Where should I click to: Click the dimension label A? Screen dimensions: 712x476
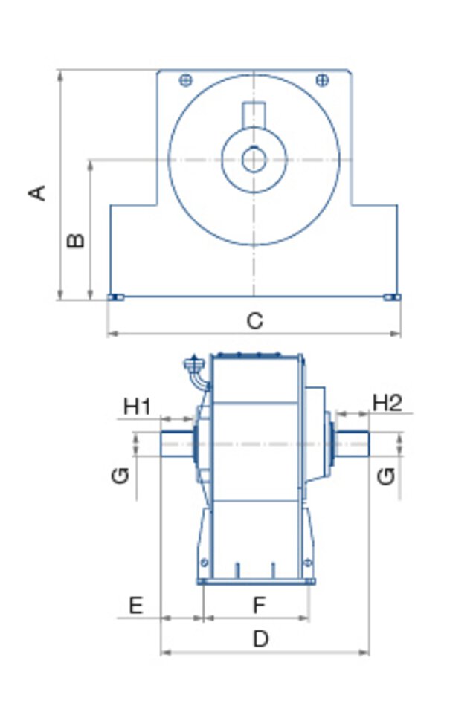pos(37,192)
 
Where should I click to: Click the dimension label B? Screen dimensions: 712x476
pos(76,240)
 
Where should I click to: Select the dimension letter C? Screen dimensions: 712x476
pos(254,321)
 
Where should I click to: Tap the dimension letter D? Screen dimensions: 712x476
pos(260,639)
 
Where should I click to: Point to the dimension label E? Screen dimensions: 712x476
pos(135,606)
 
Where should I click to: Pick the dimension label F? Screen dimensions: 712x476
pos(258,606)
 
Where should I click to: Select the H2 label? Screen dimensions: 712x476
pos(387,403)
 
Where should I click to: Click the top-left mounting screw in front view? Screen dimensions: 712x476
pos(186,80)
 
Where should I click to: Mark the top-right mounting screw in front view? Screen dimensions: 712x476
pos(322,80)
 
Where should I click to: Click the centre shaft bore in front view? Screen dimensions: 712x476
pos(254,160)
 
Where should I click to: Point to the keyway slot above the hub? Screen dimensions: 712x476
pos(254,114)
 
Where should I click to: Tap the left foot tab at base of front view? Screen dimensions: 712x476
pos(115,297)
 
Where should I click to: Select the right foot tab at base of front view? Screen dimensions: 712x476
pos(392,297)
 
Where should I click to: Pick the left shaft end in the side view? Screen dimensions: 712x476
pos(176,444)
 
